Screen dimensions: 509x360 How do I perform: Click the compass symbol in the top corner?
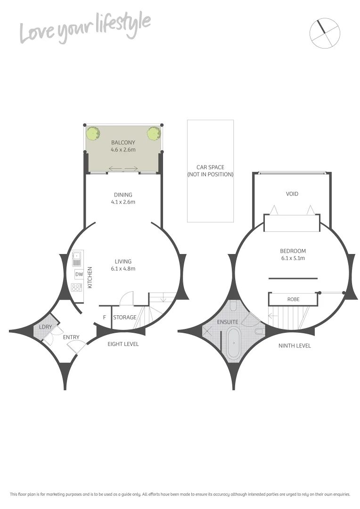(325, 33)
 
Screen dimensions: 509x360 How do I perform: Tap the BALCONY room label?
(123, 143)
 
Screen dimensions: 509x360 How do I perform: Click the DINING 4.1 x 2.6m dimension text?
(123, 202)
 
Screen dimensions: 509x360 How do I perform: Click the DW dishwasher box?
(79, 274)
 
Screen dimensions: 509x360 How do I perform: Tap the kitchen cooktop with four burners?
(77, 287)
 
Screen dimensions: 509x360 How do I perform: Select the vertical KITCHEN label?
(90, 278)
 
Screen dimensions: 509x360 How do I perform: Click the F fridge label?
(104, 317)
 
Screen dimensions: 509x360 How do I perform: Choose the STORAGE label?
(125, 317)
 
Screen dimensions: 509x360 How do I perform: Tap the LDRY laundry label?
(45, 327)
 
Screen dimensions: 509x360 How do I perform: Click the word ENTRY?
(71, 337)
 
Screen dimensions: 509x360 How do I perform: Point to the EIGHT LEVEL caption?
(123, 344)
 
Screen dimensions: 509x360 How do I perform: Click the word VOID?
(292, 194)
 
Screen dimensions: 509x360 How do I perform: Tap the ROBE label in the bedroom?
(293, 299)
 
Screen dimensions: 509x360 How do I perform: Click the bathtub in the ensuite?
(234, 345)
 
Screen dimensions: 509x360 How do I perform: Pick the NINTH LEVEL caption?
(295, 345)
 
